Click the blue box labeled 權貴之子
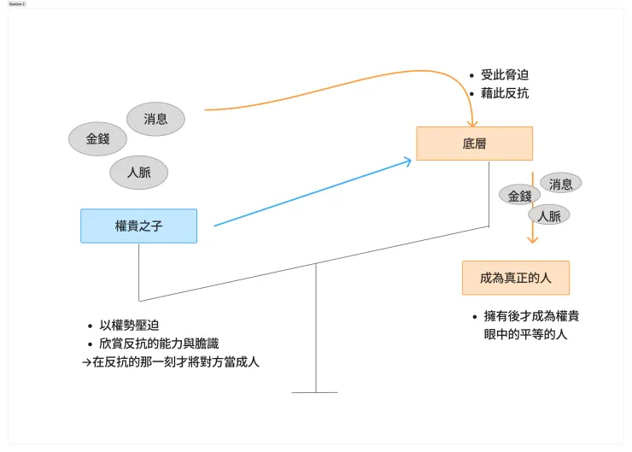coord(138,226)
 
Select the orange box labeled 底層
coord(474,144)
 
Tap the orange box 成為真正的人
coord(515,278)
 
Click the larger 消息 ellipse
coord(155,119)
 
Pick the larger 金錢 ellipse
coord(98,138)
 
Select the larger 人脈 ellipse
coord(138,172)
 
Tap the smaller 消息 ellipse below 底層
coord(561,183)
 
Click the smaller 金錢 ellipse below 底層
coord(519,196)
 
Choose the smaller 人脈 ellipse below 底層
coord(549,216)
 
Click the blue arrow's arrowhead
coord(407,161)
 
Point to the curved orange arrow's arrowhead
coord(473,122)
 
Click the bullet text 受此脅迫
coord(505,75)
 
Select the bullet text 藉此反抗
coord(505,93)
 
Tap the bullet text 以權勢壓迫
coord(129,326)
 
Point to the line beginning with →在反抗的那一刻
coord(170,361)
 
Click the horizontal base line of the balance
coord(314,392)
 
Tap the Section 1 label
coord(17,4)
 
